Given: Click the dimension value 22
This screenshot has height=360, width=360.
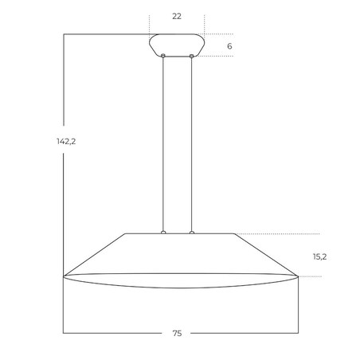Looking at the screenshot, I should point(177,16).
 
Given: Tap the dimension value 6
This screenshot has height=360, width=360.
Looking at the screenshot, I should point(229,46).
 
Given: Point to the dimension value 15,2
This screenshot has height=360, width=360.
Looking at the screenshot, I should point(319,256).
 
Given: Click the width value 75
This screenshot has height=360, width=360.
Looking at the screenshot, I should point(177,334).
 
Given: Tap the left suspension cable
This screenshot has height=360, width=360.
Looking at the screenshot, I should point(163,143).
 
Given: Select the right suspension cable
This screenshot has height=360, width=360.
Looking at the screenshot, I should point(192,143).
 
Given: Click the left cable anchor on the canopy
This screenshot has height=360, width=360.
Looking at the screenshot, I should point(163,56).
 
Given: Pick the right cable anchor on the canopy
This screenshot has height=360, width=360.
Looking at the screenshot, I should point(192,56).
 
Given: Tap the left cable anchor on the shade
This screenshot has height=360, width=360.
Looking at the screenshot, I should point(163,233).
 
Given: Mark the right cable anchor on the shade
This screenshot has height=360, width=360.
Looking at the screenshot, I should point(192,233).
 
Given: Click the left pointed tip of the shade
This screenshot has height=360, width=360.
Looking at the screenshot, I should point(65,276).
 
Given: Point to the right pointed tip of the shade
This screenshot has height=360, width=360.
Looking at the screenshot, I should point(297,276).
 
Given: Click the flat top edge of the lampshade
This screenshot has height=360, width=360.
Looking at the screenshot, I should point(143,233).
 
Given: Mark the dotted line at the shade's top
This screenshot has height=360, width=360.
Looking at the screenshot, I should point(279,233).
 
